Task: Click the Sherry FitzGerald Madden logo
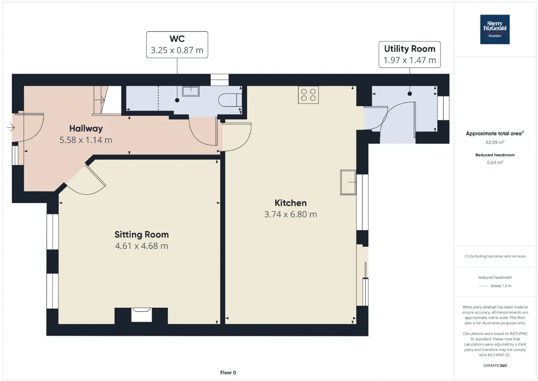click(x=495, y=29)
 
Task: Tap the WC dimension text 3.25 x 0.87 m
click(x=177, y=50)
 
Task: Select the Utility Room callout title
click(x=409, y=49)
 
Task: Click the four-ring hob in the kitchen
click(x=309, y=95)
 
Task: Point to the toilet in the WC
click(x=230, y=100)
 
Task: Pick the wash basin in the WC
click(x=191, y=91)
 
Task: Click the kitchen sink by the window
click(x=348, y=182)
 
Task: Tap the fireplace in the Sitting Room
click(x=142, y=315)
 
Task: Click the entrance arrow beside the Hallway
click(x=11, y=128)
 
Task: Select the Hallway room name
click(x=86, y=128)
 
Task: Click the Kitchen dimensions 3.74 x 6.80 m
click(x=290, y=214)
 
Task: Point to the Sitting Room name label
click(x=142, y=234)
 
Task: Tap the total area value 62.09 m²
click(x=495, y=142)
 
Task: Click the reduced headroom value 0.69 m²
click(x=495, y=163)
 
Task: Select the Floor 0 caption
click(x=228, y=373)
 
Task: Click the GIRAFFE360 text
click(x=495, y=365)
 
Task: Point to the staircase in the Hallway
click(x=107, y=100)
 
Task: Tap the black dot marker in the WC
click(x=177, y=100)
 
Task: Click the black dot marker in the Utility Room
click(x=410, y=94)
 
